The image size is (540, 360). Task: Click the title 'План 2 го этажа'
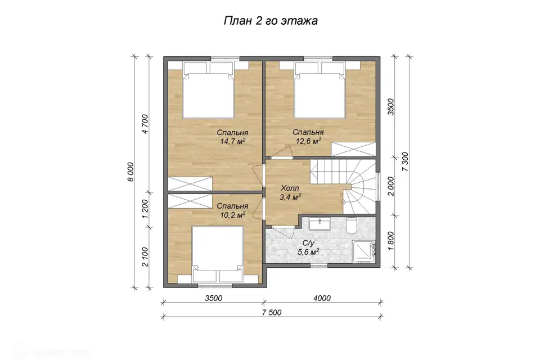[271, 21]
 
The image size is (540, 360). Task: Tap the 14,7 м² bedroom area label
[232, 137]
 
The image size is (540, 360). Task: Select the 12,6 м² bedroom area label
[308, 137]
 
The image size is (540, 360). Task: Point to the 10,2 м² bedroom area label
[232, 210]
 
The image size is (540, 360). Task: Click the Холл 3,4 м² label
[290, 192]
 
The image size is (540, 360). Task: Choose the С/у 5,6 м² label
[308, 247]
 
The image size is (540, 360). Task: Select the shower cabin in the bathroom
[364, 252]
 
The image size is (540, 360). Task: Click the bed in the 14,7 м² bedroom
[209, 91]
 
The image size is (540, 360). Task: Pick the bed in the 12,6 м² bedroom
[320, 91]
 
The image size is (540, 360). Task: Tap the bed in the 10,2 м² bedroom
[218, 254]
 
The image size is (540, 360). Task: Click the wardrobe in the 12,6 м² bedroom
[353, 150]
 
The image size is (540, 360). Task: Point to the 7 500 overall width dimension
[272, 312]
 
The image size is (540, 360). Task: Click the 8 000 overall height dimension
[130, 172]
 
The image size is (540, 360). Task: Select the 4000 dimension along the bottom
[322, 298]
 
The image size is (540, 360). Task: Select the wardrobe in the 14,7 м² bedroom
[190, 183]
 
